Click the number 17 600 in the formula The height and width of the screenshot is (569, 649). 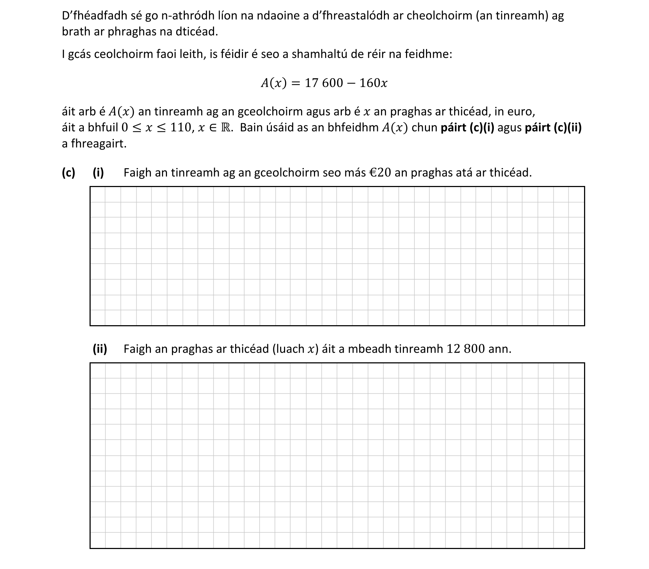coord(323,83)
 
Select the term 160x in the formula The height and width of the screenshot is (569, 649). coord(373,83)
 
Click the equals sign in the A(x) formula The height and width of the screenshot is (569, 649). coord(295,83)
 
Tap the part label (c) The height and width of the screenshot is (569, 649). coord(68,173)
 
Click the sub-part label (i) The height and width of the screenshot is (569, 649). coord(98,173)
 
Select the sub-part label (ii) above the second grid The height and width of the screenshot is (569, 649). coord(100,349)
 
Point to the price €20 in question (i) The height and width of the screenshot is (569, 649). coord(381,173)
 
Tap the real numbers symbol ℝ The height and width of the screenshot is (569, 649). coord(226,128)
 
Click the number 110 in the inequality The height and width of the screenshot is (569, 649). coord(181,128)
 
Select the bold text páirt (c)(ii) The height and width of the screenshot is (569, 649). coord(553,128)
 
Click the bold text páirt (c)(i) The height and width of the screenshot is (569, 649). coord(467,128)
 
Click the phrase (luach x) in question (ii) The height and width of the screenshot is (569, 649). coord(295,349)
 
